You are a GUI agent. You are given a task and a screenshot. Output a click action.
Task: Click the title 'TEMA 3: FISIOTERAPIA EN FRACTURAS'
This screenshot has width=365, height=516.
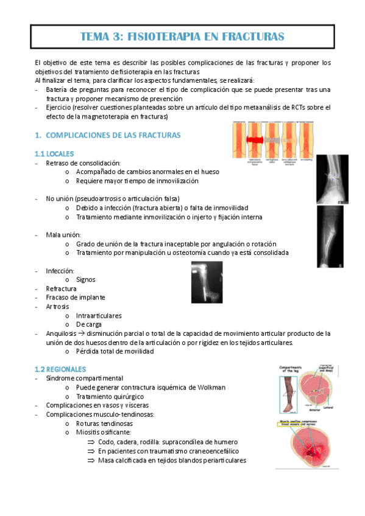click(x=182, y=37)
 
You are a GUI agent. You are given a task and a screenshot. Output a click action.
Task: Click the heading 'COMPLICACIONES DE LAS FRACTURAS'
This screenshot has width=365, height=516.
click(x=113, y=134)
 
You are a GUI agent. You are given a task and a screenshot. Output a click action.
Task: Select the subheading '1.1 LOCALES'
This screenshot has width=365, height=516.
click(x=55, y=153)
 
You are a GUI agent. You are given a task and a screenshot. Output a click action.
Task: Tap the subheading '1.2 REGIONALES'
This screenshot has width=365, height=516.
click(x=60, y=369)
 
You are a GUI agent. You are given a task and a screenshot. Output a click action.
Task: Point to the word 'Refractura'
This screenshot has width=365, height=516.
click(x=61, y=288)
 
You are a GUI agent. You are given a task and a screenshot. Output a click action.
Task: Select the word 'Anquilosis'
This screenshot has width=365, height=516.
click(x=61, y=333)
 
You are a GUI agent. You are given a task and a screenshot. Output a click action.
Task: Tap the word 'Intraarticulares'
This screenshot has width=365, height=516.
click(x=99, y=315)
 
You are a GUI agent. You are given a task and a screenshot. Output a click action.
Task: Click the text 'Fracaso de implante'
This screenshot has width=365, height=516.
click(x=75, y=298)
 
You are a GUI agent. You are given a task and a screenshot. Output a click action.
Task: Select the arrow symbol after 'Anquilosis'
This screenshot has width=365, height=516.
click(x=81, y=333)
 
